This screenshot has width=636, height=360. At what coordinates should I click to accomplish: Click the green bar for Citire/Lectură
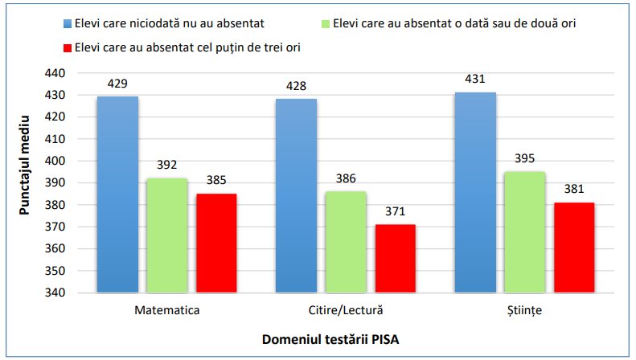[x=345, y=242]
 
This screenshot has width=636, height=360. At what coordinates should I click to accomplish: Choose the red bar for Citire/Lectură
[x=394, y=259]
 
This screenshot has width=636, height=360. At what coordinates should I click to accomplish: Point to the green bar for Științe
[x=524, y=232]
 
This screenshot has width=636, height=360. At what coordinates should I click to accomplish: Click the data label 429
[x=117, y=84]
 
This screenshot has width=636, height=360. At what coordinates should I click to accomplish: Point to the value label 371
[x=394, y=211]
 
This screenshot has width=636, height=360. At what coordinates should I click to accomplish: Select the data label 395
[x=524, y=158]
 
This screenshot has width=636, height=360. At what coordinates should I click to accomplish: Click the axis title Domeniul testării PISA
[x=330, y=340]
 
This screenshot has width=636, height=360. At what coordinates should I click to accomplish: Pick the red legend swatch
[x=65, y=47]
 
